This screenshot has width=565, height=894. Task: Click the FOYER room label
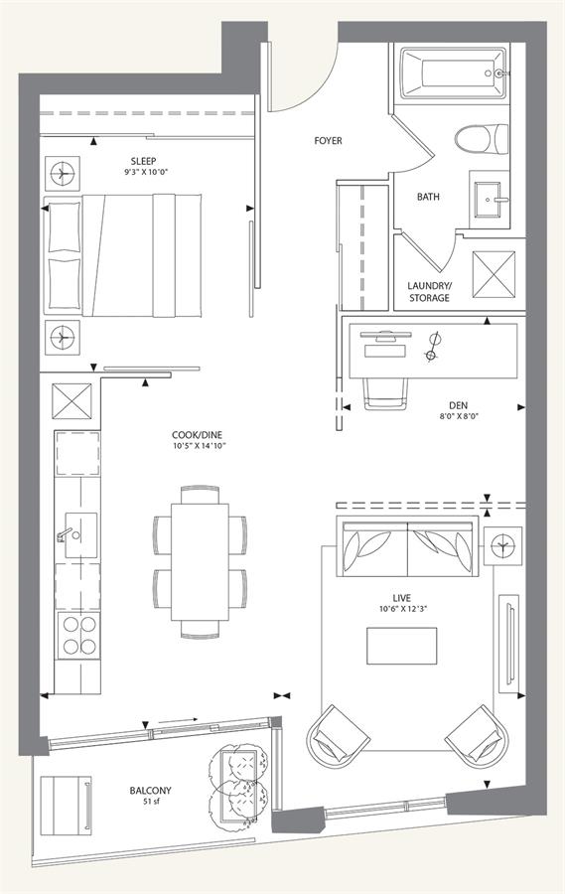pos(328,140)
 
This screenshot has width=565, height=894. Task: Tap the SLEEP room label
pos(143,161)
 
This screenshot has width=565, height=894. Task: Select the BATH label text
pos(428,197)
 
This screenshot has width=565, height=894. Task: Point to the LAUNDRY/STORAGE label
pos(429,291)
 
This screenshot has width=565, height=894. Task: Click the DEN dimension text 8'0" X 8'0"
pos(458,416)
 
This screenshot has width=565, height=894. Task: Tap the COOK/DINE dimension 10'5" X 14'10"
pos(200,446)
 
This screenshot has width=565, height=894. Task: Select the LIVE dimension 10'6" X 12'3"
pos(402,608)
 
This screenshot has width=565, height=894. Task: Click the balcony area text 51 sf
pos(151,801)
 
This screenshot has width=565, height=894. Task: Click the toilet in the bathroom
pos(482,138)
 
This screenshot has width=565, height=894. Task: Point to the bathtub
pos(453,73)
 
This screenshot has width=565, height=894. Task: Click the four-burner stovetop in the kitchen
pos(78,635)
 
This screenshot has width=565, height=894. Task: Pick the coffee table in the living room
pos(401,646)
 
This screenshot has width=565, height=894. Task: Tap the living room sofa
pos(407,547)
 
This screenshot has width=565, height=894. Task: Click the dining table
pos(201,562)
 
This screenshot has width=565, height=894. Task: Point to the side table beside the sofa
pos(502,545)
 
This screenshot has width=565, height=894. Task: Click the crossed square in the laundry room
pos(494,274)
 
